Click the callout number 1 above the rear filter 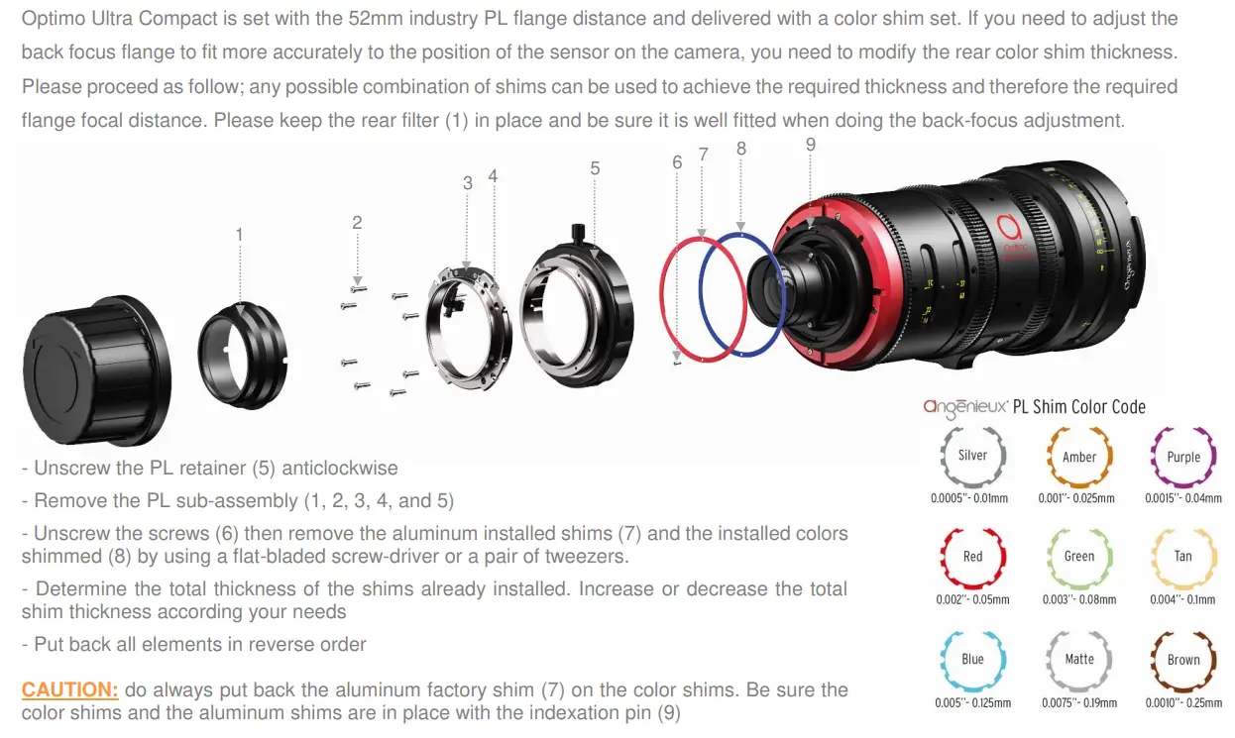[x=239, y=235]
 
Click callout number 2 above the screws [x=358, y=223]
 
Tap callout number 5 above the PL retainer [x=595, y=168]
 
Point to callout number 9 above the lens [x=810, y=145]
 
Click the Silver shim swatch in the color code [x=972, y=456]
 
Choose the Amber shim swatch [x=1079, y=457]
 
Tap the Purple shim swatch [x=1183, y=457]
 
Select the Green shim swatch [x=1079, y=557]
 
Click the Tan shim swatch [x=1183, y=557]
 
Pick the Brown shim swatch [x=1183, y=660]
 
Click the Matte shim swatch [x=1079, y=660]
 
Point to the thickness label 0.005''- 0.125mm [x=972, y=703]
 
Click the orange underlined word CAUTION [x=70, y=689]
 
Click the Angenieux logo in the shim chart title [x=965, y=406]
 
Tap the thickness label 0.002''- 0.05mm [x=972, y=600]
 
